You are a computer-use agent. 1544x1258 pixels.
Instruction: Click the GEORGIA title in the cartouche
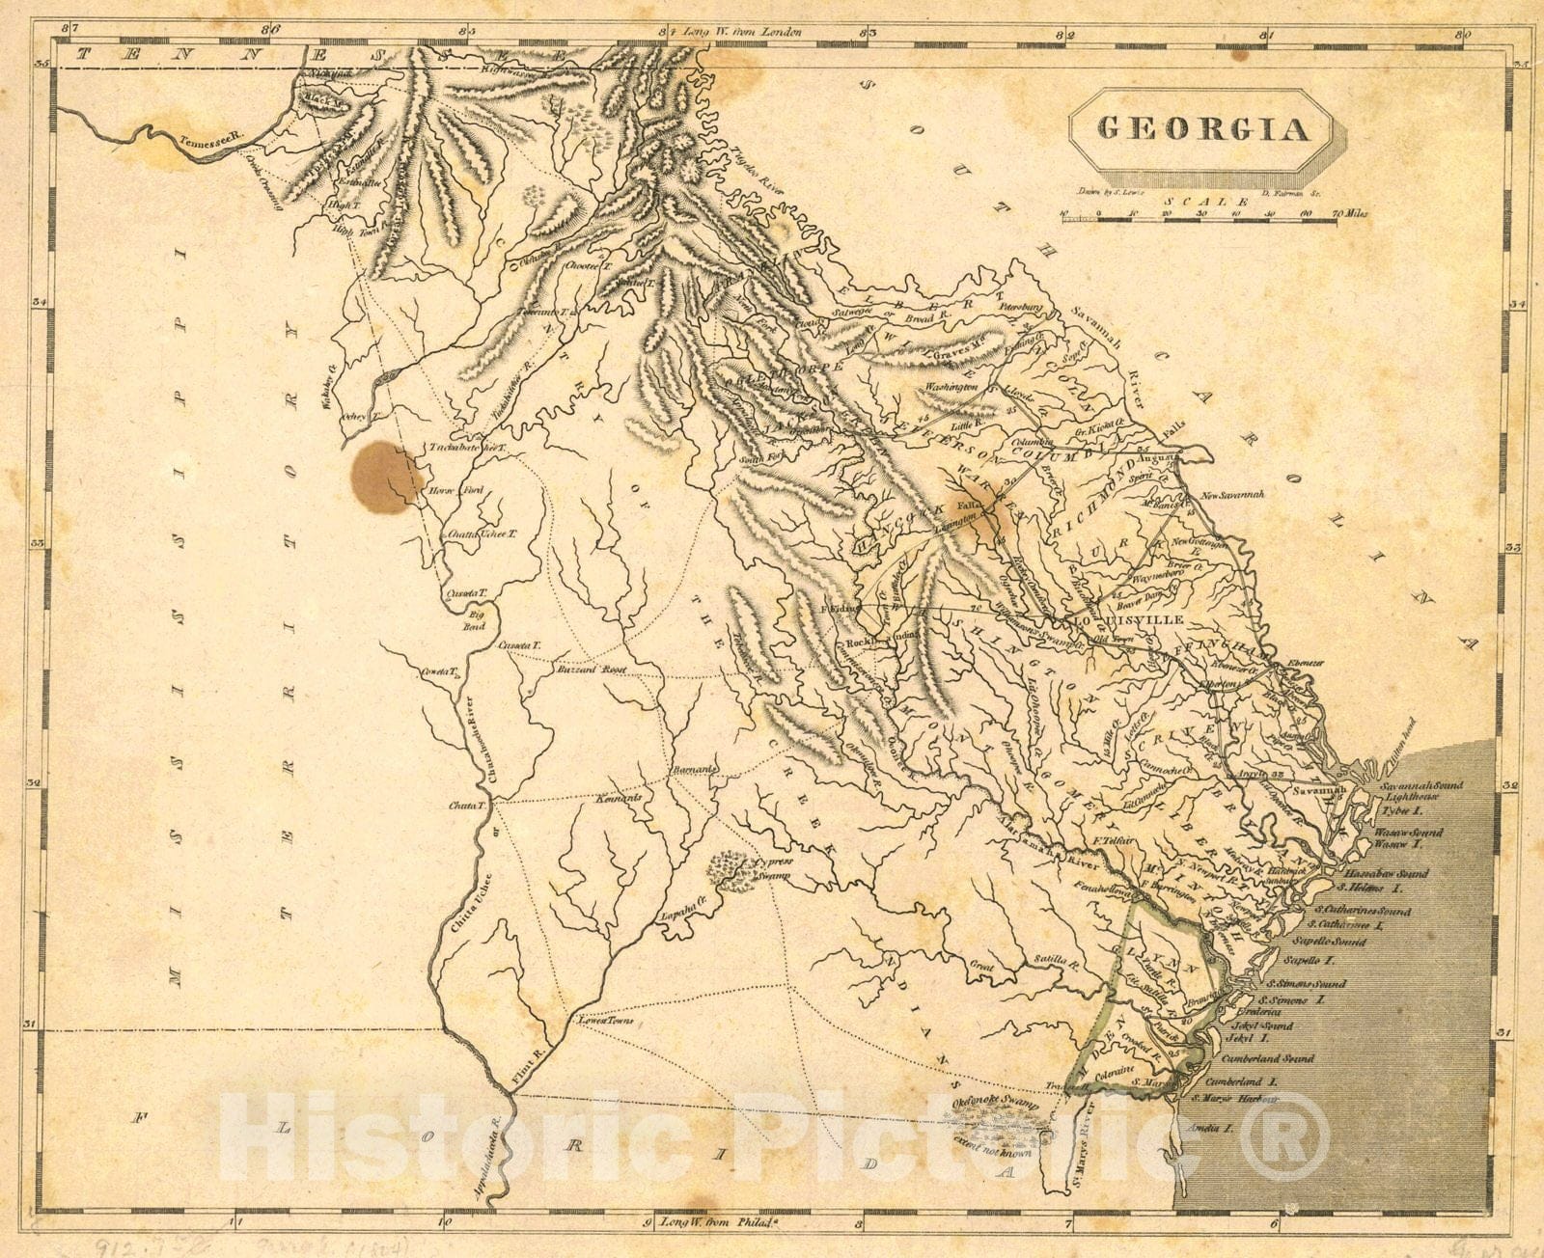tap(1202, 129)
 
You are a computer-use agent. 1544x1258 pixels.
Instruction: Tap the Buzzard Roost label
tap(591, 669)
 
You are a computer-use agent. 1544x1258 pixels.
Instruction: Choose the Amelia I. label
tap(1214, 1127)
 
